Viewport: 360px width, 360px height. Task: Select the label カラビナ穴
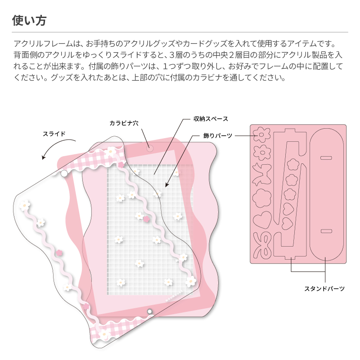tap(123, 123)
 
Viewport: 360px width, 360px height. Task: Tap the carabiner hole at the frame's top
tap(149, 147)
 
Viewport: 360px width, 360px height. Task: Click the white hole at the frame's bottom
tap(149, 311)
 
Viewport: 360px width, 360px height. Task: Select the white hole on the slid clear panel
tap(64, 173)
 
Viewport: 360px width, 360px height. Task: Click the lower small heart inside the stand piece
tap(287, 222)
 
